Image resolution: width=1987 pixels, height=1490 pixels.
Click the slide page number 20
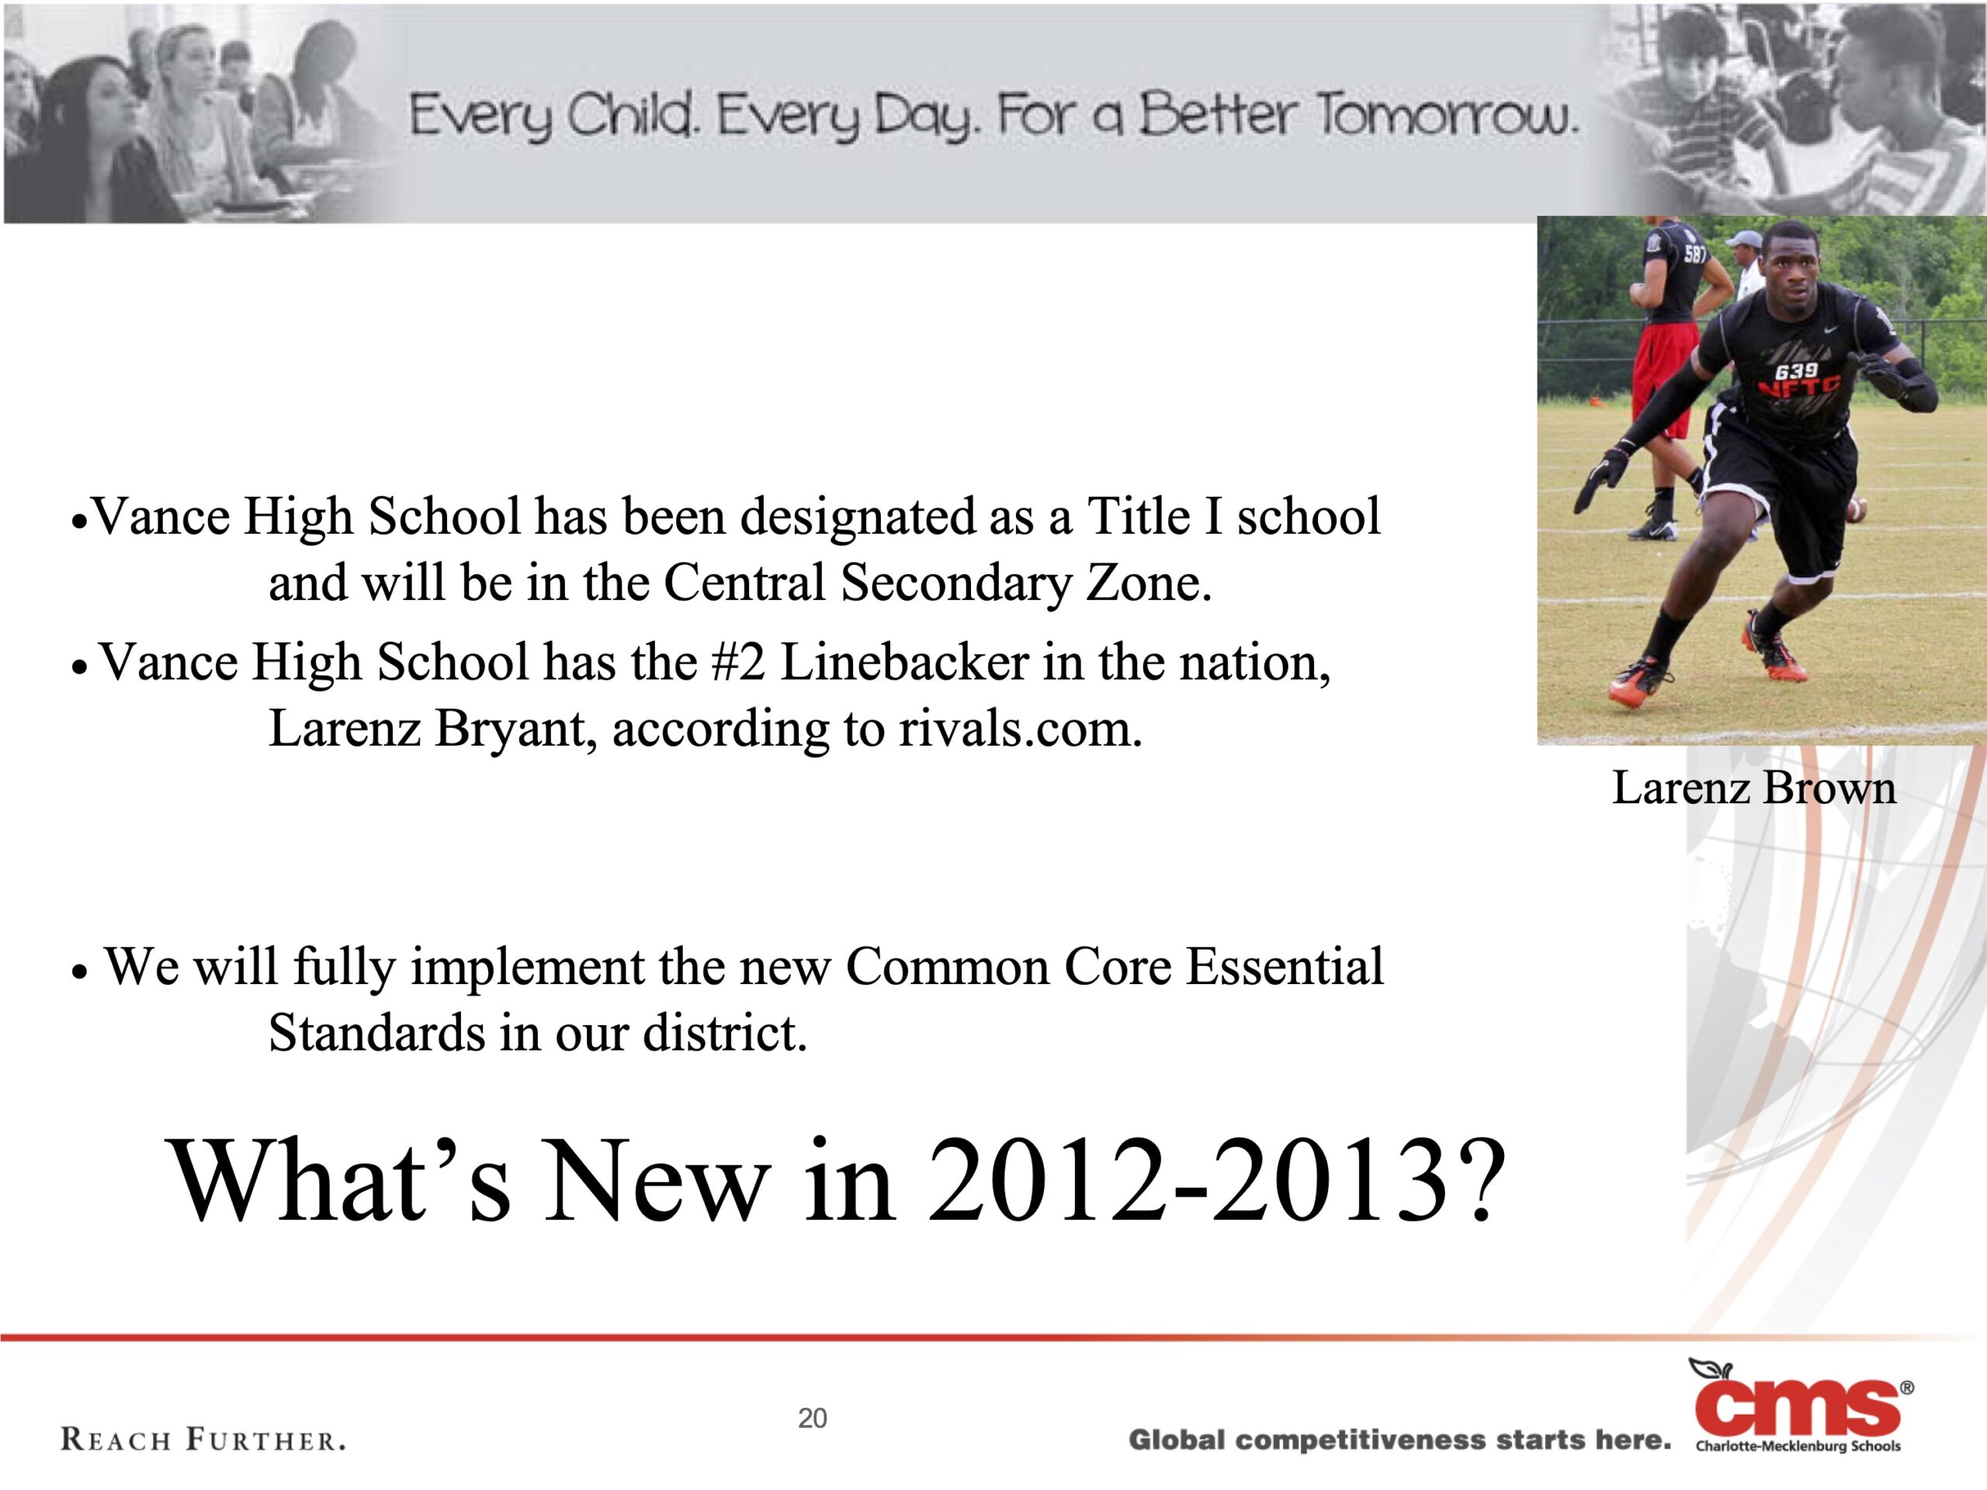(812, 1418)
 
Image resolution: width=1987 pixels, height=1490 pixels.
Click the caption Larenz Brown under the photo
(1753, 788)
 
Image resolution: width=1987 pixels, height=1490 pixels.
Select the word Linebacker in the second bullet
(904, 663)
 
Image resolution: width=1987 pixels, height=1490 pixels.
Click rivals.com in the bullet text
(1021, 729)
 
